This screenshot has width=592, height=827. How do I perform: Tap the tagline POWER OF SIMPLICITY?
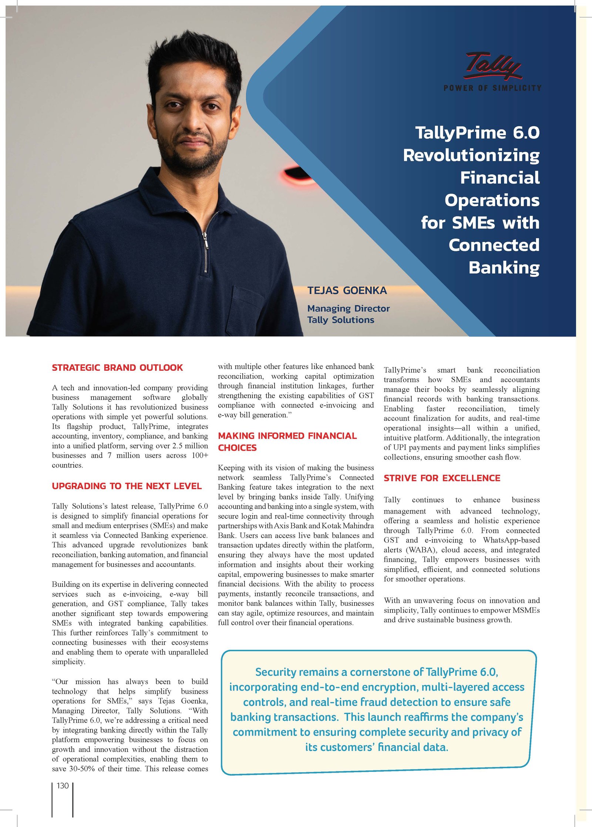click(x=492, y=88)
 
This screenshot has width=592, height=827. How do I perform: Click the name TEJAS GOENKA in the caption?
click(x=347, y=290)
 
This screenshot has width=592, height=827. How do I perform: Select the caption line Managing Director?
click(x=348, y=308)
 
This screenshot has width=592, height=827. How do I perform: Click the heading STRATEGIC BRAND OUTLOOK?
click(x=117, y=367)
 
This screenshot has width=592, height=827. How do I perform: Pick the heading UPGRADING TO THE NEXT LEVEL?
click(x=127, y=486)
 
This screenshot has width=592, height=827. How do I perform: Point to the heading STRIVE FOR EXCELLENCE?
click(x=442, y=478)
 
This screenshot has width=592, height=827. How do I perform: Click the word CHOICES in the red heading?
click(x=237, y=448)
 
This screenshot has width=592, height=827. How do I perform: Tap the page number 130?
click(x=63, y=786)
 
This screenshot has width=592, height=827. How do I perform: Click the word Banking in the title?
click(x=504, y=268)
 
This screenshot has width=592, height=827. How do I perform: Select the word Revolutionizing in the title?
click(x=471, y=155)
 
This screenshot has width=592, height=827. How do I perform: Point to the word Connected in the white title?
click(x=494, y=245)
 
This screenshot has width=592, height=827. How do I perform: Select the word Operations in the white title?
click(x=492, y=200)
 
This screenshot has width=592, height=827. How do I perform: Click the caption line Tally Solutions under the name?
click(x=340, y=320)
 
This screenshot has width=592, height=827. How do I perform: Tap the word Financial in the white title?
click(x=499, y=178)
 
